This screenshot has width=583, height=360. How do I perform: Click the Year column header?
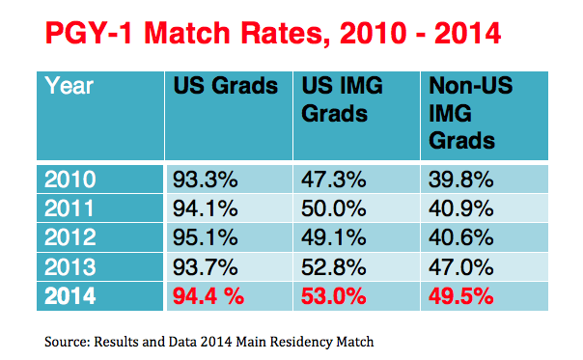tap(69, 86)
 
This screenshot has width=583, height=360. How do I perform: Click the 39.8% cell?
tap(461, 180)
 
